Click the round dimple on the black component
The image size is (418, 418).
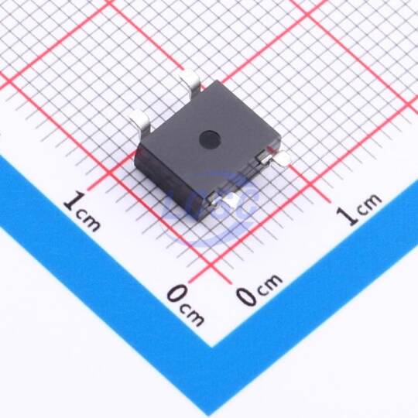click(210, 139)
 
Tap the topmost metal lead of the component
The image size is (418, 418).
click(190, 83)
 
